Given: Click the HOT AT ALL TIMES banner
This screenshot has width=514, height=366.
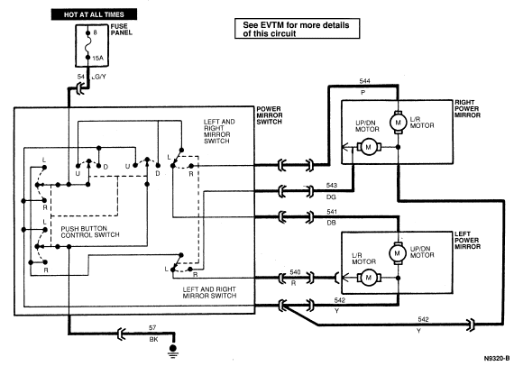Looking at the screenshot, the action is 94,14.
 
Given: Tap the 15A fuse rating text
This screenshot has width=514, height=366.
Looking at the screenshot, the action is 97,59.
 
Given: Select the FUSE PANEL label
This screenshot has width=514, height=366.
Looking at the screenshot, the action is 122,30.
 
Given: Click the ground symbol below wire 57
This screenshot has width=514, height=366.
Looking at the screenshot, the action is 173,350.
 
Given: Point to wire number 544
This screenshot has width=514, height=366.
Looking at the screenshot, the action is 364,81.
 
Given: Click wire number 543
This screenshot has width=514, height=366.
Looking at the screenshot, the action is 332,186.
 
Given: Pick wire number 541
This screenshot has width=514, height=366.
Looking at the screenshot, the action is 332,212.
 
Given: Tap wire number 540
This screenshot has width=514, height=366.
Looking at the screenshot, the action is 295,272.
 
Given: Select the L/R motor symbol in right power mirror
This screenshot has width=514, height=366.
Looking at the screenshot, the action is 398,123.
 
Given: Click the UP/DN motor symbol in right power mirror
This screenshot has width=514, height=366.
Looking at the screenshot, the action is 369,147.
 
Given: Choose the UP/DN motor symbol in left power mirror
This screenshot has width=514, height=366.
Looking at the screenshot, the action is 398,253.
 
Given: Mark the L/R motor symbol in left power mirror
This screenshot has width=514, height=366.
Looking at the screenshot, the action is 369,278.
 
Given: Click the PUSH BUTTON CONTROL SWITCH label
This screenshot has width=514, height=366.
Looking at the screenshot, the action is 90,232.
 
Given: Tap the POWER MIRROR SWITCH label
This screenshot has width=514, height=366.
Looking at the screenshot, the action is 269,115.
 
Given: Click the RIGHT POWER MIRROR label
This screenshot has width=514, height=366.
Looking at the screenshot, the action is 467,109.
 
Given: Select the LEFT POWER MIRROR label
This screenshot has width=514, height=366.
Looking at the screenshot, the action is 467,240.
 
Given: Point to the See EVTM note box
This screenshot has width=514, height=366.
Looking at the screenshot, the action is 297,29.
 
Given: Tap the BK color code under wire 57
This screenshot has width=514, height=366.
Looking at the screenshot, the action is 153,340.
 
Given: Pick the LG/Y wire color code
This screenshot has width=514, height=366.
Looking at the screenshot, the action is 98,77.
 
